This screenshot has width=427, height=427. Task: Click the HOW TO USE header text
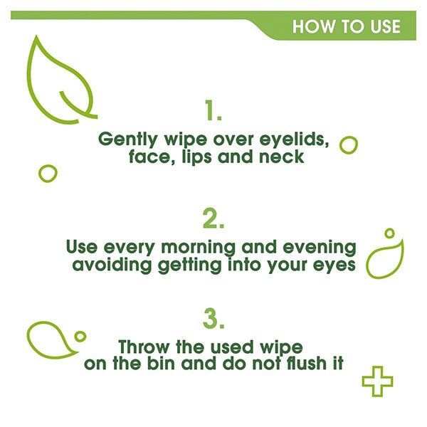tap(346, 27)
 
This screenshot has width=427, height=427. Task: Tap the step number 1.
tap(213, 111)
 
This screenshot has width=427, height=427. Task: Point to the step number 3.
tap(213, 319)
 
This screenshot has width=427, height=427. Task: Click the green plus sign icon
tap(377, 382)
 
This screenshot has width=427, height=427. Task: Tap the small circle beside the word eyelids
tap(349, 145)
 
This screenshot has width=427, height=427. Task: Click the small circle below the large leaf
tap(48, 173)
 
